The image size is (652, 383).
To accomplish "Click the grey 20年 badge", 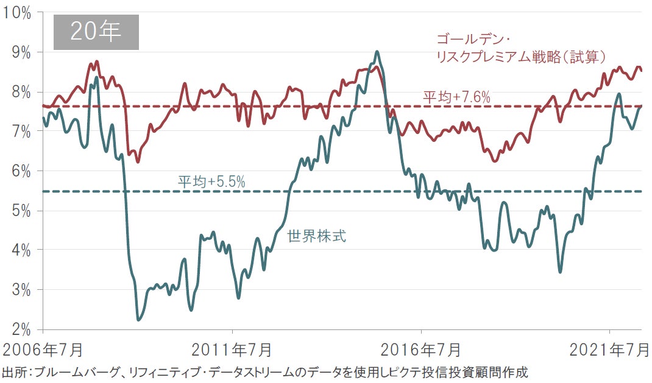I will point(96,32).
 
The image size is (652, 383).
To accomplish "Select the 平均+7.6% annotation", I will point(456,97).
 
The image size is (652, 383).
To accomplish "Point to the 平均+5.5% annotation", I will point(211,181).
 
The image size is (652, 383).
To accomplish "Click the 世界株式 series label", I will point(317,236).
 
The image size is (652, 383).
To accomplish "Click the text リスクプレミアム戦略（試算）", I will point(521,57).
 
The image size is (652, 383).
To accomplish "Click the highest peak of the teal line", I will point(377,52).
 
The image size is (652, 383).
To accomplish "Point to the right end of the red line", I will point(642,70).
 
